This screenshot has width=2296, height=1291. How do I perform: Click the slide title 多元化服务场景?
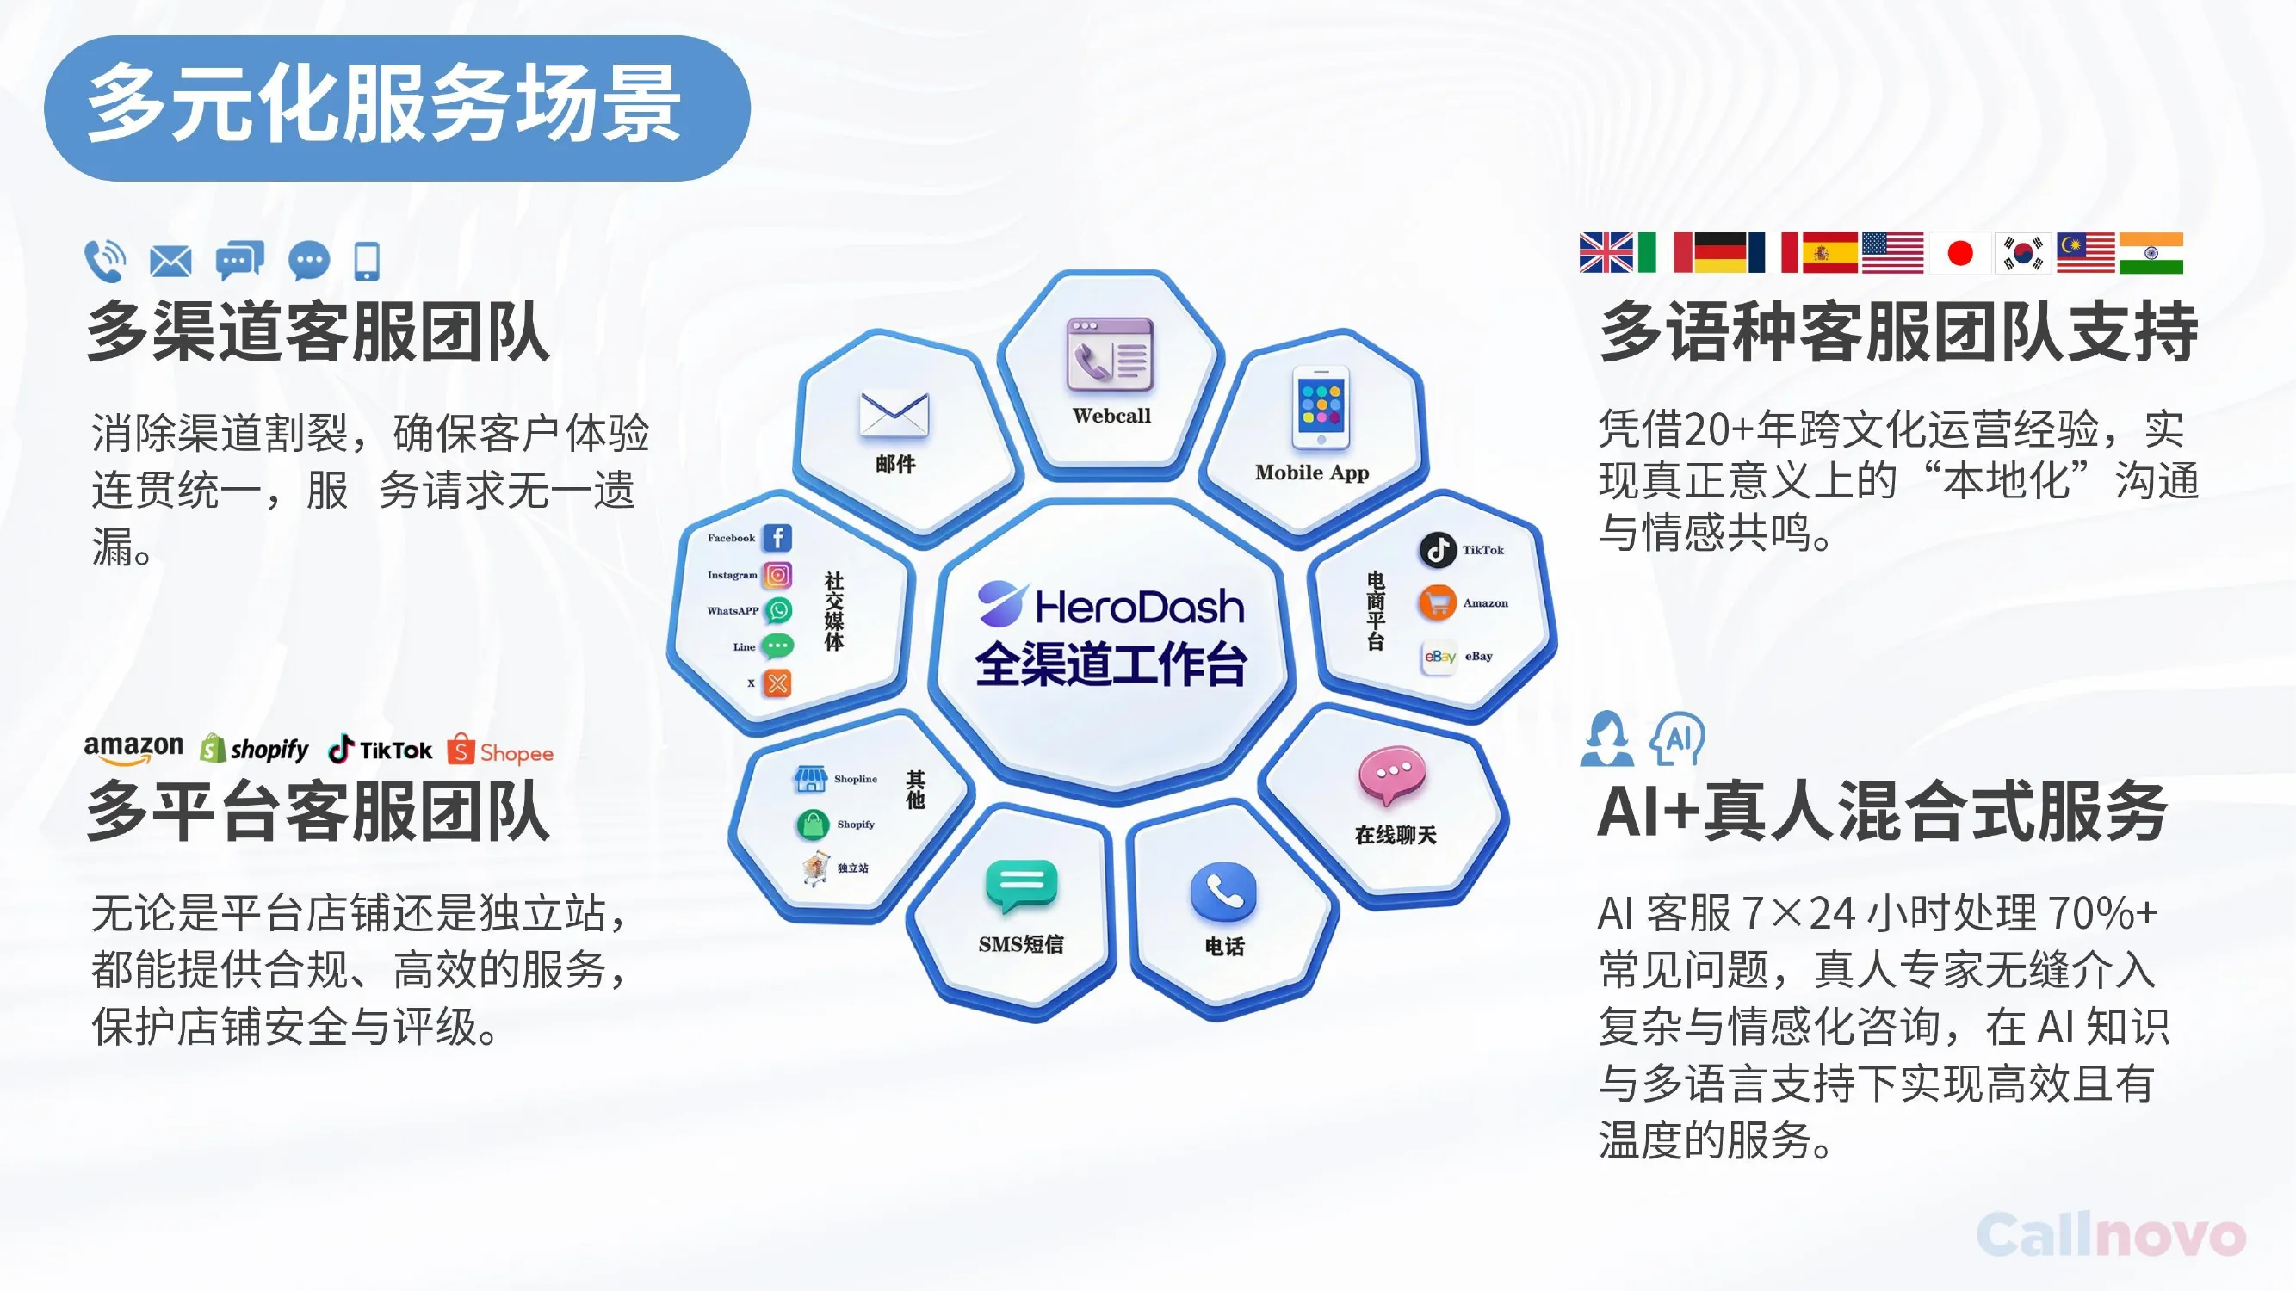point(384,104)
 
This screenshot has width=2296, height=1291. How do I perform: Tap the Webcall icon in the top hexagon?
point(1110,355)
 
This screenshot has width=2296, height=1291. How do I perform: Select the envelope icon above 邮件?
point(894,416)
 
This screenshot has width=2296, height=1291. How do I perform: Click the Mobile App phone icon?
point(1320,407)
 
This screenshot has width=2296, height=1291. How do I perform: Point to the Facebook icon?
point(777,537)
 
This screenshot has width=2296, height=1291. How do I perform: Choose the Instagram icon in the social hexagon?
point(777,575)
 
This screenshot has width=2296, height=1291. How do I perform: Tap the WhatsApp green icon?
point(778,610)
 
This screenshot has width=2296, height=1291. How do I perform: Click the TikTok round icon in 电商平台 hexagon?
point(1438,550)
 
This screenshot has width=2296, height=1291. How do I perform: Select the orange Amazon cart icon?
point(1438,603)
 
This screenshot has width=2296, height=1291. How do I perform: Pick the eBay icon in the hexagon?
point(1439,658)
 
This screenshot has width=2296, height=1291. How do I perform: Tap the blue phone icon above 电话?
point(1224,892)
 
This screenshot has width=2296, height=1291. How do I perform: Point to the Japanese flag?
point(1960,253)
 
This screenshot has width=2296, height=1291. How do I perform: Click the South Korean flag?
point(2023,253)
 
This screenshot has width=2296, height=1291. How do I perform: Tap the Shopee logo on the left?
point(500,751)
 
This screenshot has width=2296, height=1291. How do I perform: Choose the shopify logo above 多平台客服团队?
point(254,750)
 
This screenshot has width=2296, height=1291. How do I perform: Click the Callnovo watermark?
point(2111,1235)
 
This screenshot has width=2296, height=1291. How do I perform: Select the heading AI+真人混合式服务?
point(1882,811)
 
